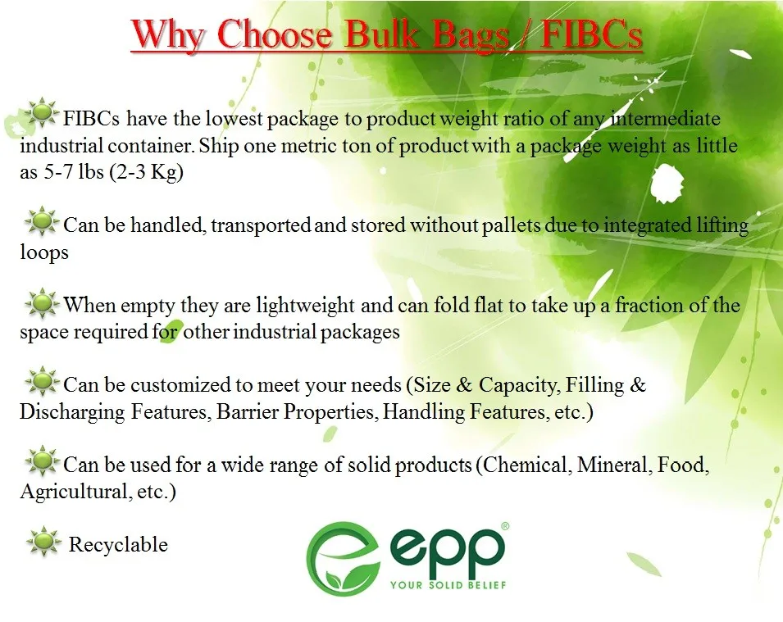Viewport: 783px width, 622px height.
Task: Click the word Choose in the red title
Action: point(275,34)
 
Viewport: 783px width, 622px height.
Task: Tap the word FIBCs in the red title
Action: point(592,34)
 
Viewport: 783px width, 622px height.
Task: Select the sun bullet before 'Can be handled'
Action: point(42,220)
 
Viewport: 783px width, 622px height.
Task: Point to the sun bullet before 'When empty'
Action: point(42,302)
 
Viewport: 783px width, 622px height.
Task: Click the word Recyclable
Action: point(118,545)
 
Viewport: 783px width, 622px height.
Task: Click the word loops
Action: point(44,252)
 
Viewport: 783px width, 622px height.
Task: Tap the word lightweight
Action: point(305,306)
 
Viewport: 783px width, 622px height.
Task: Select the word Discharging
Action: point(72,412)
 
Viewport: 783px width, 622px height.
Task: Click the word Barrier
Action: point(248,412)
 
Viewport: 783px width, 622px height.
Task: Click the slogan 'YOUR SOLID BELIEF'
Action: point(448,584)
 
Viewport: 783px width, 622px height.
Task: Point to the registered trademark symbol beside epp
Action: point(504,526)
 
